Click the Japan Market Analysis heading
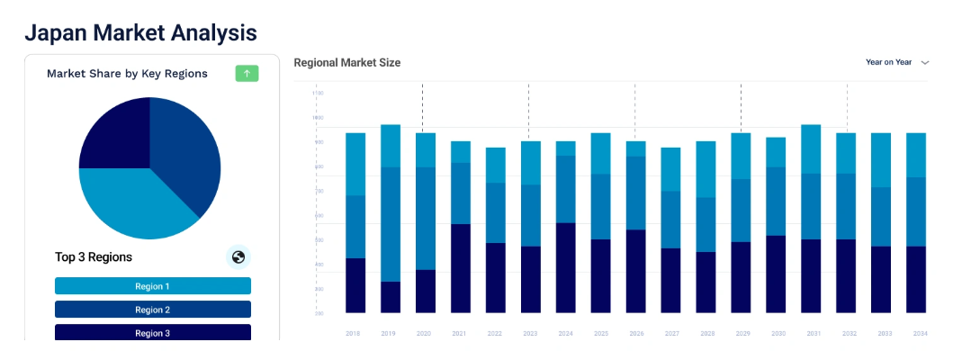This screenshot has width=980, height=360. coord(141,33)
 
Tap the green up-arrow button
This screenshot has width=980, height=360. coord(247,74)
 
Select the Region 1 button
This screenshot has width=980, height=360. coord(153,286)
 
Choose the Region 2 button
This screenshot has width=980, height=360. coord(153,310)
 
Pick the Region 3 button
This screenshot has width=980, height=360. coord(153,333)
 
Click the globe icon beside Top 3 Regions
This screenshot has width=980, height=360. coord(238,257)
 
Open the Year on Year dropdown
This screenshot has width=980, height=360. coord(896,62)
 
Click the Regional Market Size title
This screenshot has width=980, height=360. coord(347,63)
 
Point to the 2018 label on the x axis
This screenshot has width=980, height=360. coord(354,333)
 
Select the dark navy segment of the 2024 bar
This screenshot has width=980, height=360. coord(565,268)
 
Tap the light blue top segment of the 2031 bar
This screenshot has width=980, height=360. coord(811,149)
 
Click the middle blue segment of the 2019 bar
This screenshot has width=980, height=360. coord(390,224)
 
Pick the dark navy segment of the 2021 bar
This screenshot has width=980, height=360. coord(460,268)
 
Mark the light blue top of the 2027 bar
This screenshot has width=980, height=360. coord(671,169)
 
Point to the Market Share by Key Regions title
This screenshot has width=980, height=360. coord(127,74)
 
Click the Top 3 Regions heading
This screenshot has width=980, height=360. coord(94,257)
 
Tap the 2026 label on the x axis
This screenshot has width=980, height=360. coord(635,333)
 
